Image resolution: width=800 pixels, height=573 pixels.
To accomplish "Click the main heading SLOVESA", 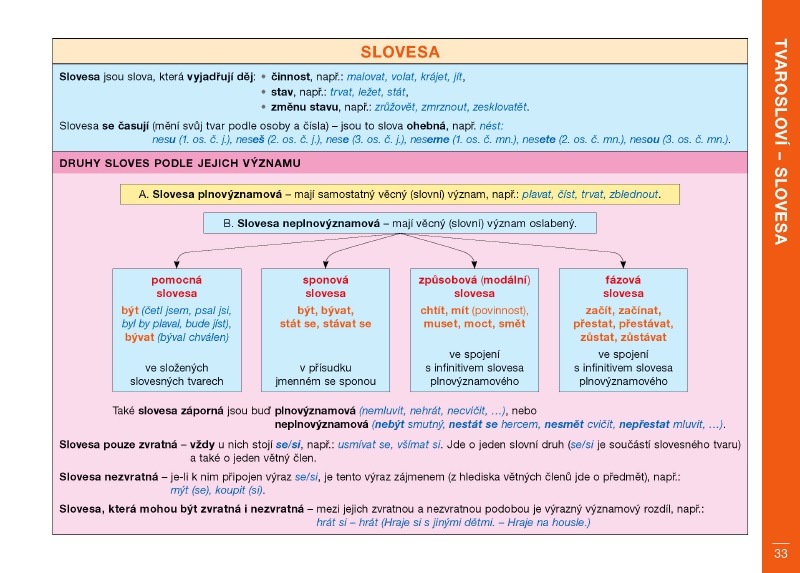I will (399, 52).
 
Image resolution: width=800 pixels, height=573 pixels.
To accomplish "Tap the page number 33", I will (780, 553).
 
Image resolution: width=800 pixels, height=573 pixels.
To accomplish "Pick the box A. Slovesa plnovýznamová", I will (398, 194).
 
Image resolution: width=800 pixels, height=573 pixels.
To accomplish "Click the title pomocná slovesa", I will (176, 287).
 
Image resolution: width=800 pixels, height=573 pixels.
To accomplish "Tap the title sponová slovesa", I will (325, 287).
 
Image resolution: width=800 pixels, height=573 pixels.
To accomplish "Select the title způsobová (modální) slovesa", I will (474, 287).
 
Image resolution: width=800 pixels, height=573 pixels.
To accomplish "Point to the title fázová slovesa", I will (623, 287).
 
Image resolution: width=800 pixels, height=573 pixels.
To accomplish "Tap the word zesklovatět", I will (495, 107).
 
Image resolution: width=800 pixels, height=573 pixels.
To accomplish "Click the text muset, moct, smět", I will (474, 324).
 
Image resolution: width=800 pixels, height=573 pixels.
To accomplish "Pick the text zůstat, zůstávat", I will (623, 337).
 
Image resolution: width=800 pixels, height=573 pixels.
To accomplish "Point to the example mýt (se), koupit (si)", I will (217, 490).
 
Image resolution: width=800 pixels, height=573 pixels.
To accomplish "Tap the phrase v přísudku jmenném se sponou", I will (325, 374).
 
